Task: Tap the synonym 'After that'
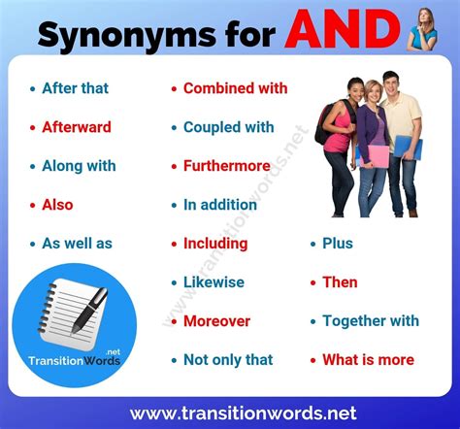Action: tap(75, 88)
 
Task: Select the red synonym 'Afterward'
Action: tap(76, 127)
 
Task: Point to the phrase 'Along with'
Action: tap(79, 166)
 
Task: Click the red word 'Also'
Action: tap(57, 205)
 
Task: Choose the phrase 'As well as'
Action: tap(77, 244)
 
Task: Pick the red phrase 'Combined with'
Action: tap(235, 88)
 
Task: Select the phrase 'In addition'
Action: tap(223, 205)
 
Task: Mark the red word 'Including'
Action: tap(215, 244)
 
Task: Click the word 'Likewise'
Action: tap(214, 282)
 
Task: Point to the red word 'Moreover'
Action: tap(216, 321)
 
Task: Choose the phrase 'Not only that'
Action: tap(228, 360)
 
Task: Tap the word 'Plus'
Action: tap(338, 244)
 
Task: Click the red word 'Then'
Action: tap(340, 282)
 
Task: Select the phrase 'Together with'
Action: tap(371, 321)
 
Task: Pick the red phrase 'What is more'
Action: tap(368, 360)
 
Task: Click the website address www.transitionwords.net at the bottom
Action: tap(230, 412)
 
